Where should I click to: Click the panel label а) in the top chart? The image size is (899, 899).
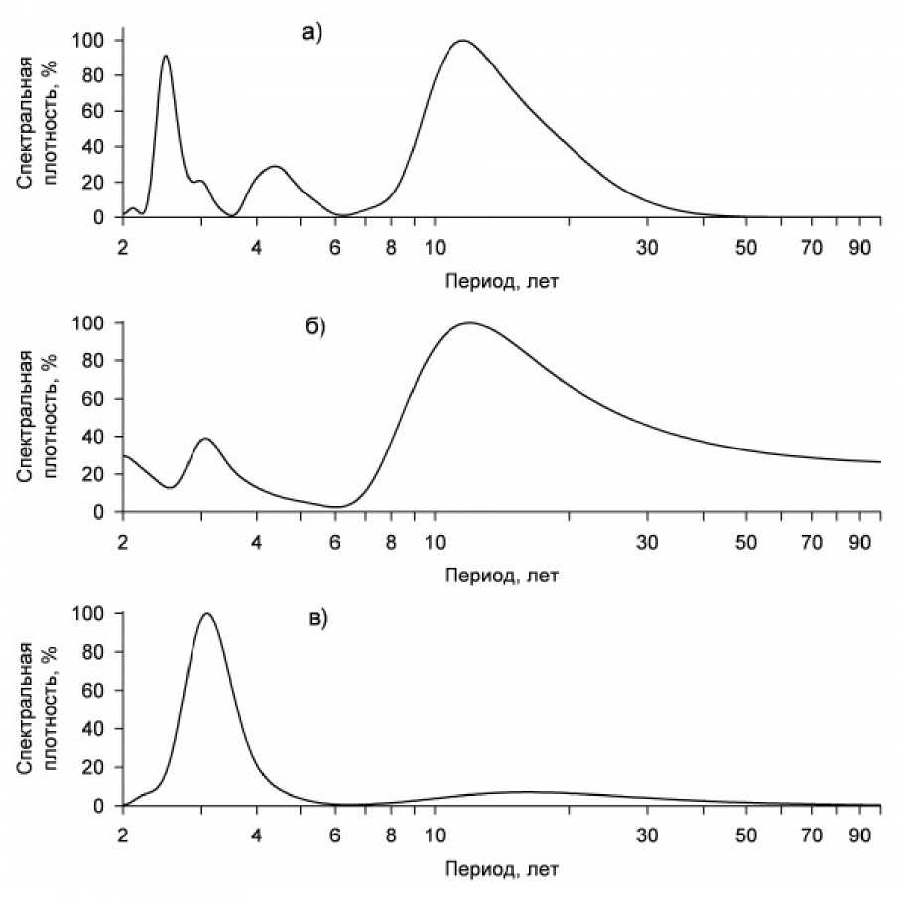click(313, 34)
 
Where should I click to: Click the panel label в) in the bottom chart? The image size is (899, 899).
click(317, 620)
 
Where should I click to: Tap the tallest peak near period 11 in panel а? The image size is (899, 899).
click(461, 41)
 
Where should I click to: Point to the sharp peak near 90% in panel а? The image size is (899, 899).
click(166, 56)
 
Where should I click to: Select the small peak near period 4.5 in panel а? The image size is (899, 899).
click(275, 167)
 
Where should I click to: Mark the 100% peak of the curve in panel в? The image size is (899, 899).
click(207, 613)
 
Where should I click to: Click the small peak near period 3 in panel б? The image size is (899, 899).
click(205, 439)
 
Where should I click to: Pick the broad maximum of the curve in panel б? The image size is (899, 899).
click(468, 323)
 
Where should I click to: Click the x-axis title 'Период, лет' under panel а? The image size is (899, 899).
click(502, 281)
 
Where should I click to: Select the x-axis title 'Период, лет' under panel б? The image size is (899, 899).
click(502, 575)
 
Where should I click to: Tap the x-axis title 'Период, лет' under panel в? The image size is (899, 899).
click(502, 868)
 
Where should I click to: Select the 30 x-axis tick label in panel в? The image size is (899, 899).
click(647, 834)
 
